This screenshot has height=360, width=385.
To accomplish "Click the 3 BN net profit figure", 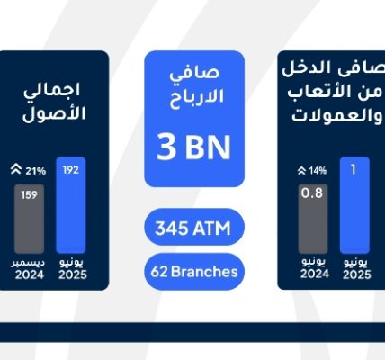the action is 193,147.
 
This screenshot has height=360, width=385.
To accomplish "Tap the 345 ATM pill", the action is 194,227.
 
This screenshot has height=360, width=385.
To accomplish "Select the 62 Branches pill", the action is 194,272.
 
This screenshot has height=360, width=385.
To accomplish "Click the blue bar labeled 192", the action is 71,205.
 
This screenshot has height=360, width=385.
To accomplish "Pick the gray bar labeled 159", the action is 29,219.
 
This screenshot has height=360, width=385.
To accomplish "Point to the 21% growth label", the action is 35,171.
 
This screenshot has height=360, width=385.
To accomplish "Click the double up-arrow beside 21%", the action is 16,169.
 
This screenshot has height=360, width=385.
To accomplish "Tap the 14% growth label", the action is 318,171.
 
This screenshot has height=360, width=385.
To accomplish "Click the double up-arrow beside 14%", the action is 301,171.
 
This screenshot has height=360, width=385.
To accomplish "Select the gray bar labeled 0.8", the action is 313,219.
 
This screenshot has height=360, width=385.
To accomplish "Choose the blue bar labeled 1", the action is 354,205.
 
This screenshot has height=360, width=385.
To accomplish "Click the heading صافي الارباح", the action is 196,86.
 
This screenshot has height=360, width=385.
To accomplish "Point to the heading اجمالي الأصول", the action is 54,102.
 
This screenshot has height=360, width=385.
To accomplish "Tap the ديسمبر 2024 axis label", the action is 29,269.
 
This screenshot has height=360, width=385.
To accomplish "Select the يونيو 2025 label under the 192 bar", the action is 72,269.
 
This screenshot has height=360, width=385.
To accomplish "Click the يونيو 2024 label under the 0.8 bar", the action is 314,268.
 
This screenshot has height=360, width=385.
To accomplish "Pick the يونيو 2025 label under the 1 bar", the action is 357,268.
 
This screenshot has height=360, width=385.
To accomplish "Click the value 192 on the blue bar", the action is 71,170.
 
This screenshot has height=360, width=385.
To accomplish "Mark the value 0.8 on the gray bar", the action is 312,193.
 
